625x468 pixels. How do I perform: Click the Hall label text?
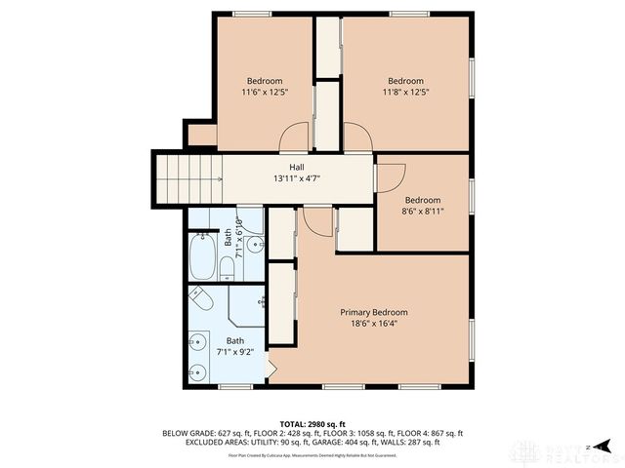296,167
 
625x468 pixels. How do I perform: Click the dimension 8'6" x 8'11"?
423,211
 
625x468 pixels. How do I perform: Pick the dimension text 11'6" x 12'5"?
264,92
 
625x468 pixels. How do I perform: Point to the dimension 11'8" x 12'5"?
405,92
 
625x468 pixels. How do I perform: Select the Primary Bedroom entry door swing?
316,222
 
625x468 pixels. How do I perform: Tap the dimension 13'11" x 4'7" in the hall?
296,178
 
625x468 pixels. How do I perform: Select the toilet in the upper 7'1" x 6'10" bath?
226,266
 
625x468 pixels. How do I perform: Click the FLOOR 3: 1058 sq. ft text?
354,434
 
